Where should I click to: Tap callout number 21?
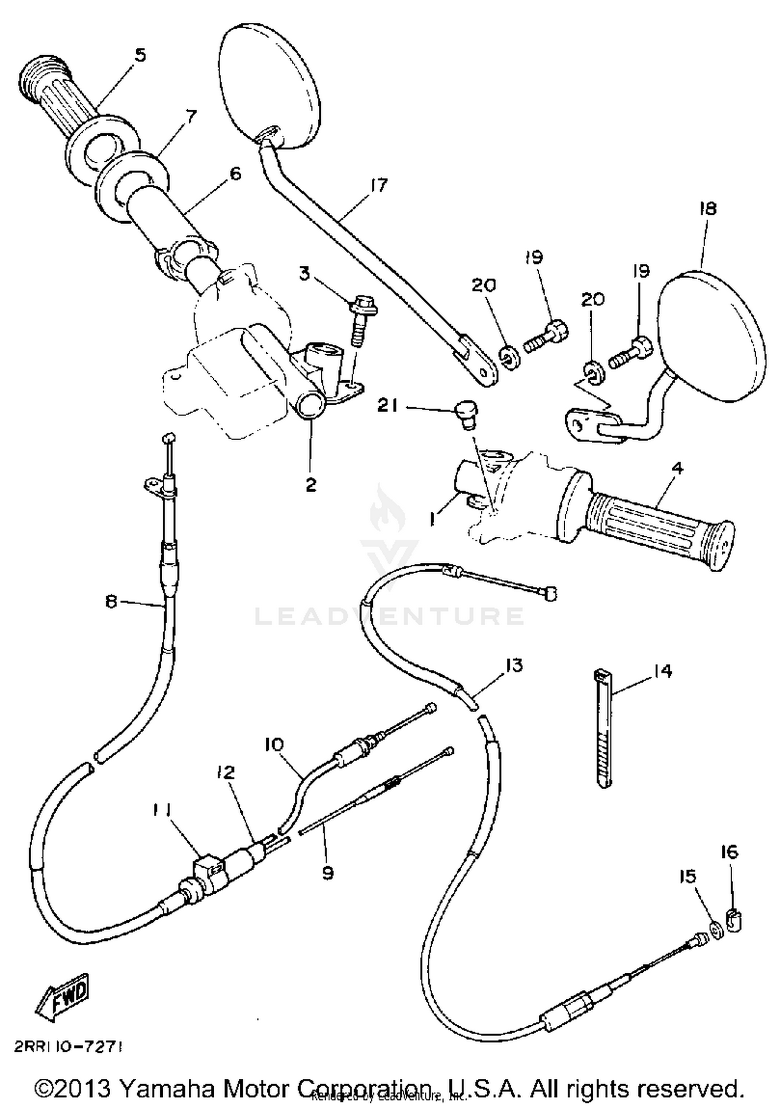388,406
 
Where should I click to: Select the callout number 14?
662,671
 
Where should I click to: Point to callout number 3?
304,274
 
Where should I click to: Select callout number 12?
227,772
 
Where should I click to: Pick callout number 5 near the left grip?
140,55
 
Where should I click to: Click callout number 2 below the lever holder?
310,485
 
